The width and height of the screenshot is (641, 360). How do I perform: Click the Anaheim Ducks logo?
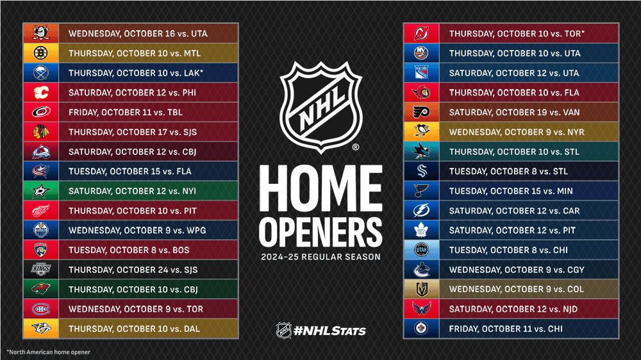pyautogui.click(x=41, y=33)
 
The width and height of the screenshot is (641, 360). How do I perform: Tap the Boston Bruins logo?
pyautogui.click(x=41, y=53)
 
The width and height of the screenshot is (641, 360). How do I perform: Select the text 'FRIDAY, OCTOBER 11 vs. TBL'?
pyautogui.click(x=126, y=113)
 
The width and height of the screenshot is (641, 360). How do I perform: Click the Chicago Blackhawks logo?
pyautogui.click(x=41, y=132)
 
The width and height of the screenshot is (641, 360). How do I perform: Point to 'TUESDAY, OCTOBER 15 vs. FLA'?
pyautogui.click(x=130, y=172)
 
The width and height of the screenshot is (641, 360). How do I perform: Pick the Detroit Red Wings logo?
pyautogui.click(x=41, y=211)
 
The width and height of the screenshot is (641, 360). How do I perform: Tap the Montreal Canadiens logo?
pyautogui.click(x=41, y=309)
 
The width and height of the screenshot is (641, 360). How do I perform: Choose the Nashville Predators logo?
pyautogui.click(x=41, y=329)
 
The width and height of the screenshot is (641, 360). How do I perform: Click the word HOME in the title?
pyautogui.click(x=320, y=186)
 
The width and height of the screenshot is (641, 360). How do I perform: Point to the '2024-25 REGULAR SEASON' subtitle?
pyautogui.click(x=320, y=258)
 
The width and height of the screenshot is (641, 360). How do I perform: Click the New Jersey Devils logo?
pyautogui.click(x=422, y=33)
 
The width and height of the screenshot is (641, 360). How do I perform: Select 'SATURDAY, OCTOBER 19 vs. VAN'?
pyautogui.click(x=514, y=113)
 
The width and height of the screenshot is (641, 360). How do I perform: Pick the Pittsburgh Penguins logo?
pyautogui.click(x=422, y=132)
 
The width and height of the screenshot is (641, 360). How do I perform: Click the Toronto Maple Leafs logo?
pyautogui.click(x=422, y=231)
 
